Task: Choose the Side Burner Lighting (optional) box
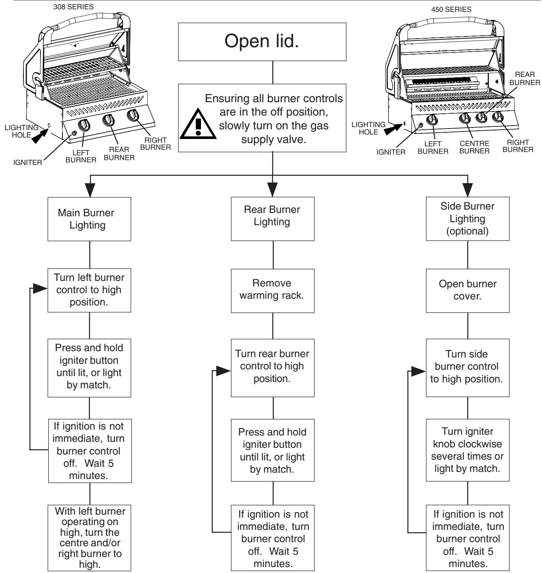[x=467, y=218]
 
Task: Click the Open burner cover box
[x=467, y=290]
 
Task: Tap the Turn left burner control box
[x=89, y=290]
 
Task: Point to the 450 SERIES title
[x=451, y=10]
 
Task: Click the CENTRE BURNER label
[x=474, y=147]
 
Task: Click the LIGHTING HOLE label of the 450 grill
[x=368, y=128]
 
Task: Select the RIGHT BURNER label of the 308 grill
[x=158, y=143]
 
